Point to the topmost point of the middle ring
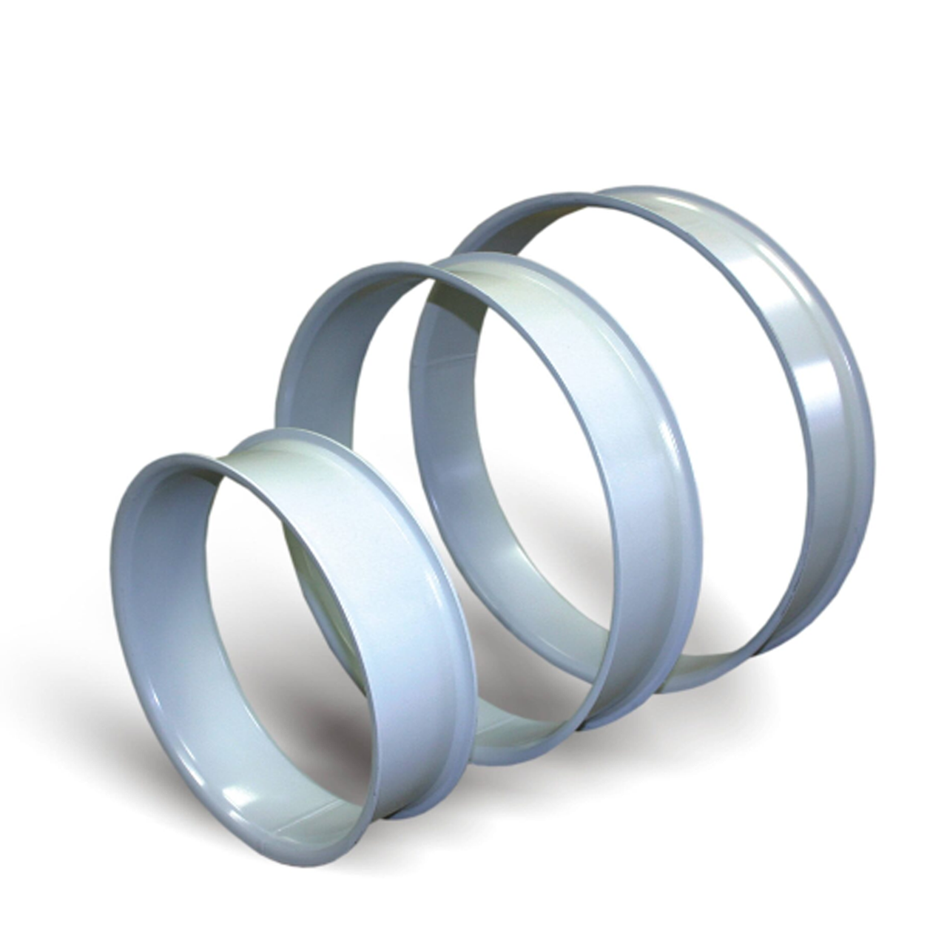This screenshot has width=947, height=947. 385,264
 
